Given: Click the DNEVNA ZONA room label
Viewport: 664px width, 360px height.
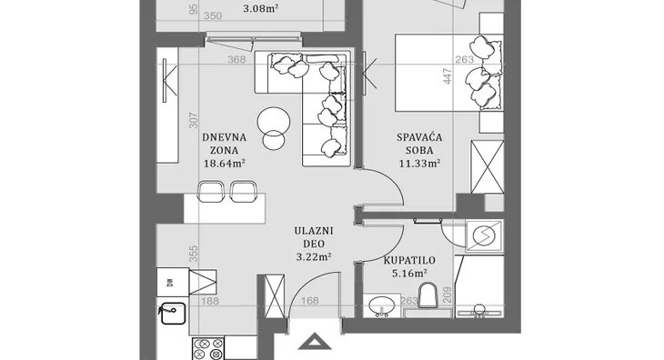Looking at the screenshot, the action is click(x=224, y=144).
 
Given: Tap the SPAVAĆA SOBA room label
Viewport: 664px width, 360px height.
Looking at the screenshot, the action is click(x=419, y=144).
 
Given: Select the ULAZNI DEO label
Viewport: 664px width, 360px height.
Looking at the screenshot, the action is click(x=314, y=237).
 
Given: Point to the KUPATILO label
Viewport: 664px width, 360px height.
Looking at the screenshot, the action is click(x=409, y=261).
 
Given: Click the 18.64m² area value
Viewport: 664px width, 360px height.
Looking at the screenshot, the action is click(x=225, y=164).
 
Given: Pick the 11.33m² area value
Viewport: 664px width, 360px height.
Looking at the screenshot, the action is click(x=419, y=164).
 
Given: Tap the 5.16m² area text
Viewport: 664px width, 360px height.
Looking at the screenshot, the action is click(x=409, y=274).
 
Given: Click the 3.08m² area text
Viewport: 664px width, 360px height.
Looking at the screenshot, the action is click(x=261, y=8).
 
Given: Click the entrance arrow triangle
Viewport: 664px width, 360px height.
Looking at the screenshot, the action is click(x=314, y=342).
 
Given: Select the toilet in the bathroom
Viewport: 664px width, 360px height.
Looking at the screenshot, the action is click(x=428, y=295).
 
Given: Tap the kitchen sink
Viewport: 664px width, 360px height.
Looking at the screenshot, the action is click(x=173, y=313).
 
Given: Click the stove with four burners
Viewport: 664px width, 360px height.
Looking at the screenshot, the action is click(x=208, y=348).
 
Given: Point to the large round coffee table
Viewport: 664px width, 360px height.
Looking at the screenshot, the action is click(x=274, y=123).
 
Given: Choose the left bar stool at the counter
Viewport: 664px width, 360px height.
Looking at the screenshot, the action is click(x=211, y=191).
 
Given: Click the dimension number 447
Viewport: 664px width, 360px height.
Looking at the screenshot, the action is click(x=448, y=76).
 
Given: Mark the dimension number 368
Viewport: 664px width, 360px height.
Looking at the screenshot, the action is click(x=236, y=60).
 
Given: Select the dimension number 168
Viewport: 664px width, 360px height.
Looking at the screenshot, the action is click(x=309, y=301).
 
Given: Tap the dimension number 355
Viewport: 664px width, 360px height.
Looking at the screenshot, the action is click(x=193, y=255).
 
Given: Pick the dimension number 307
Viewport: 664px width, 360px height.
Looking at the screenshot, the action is click(x=193, y=121).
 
